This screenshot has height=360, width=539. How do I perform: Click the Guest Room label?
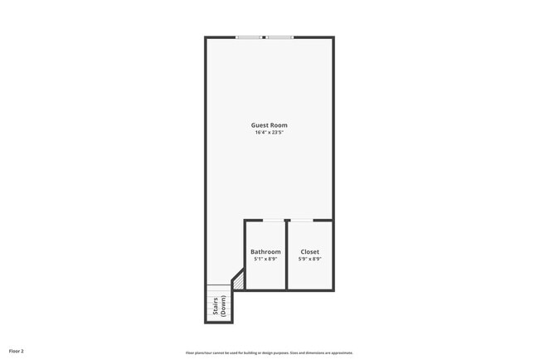click(269, 125)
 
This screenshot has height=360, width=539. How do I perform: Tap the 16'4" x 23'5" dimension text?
click(269, 133)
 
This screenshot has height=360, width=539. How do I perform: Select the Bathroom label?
click(265, 251)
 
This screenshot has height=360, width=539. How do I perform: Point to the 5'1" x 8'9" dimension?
click(265, 259)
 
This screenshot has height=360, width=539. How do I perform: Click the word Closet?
click(309, 251)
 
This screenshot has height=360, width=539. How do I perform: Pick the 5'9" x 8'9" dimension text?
click(309, 259)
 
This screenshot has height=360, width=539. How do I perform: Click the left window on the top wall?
click(249, 37)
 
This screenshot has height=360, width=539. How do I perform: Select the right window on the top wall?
click(279, 37)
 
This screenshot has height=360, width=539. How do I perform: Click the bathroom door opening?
click(273, 220)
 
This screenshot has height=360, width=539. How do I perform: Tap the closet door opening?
click(300, 220)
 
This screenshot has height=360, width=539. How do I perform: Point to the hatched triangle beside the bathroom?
click(239, 283)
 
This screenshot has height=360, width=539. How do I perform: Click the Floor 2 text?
click(16, 352)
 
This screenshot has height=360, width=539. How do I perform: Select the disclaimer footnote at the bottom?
click(269, 353)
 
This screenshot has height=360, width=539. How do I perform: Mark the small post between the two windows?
click(264, 37)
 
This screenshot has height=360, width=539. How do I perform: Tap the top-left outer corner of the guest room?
click(206, 37)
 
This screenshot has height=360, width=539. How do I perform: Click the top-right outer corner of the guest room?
click(333, 37)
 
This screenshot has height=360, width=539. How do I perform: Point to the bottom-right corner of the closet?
click(333, 289)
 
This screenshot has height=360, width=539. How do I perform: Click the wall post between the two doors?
click(286, 221)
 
